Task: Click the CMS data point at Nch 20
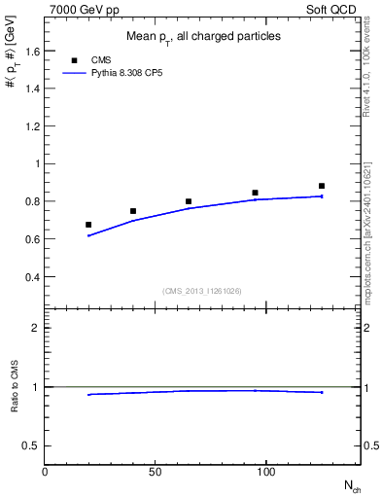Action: pyautogui.click(x=88, y=225)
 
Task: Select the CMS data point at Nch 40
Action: pyautogui.click(x=133, y=211)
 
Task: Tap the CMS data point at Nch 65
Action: pyautogui.click(x=189, y=201)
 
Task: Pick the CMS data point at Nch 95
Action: pyautogui.click(x=255, y=193)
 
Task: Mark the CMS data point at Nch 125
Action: pyautogui.click(x=322, y=186)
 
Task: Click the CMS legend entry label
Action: pyautogui.click(x=101, y=60)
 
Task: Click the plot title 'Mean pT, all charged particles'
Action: pyautogui.click(x=203, y=36)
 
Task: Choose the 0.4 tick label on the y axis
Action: pyautogui.click(x=29, y=276)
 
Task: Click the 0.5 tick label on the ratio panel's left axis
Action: pyautogui.click(x=29, y=445)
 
